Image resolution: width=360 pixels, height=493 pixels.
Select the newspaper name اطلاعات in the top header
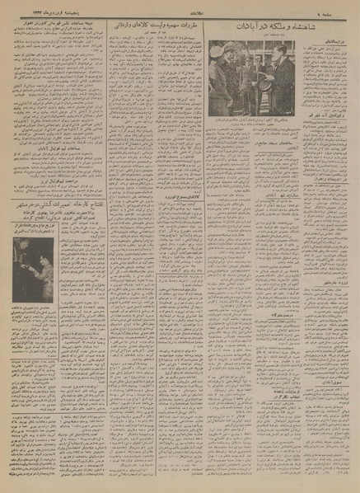(x=181, y=7)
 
